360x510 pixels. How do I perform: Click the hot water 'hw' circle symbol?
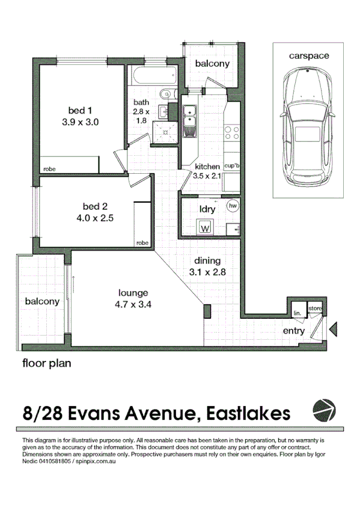[x=233, y=206]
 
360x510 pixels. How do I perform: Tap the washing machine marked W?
[x=205, y=227]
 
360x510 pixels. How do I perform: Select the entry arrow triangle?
[x=333, y=329]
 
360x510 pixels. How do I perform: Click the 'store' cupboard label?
[x=315, y=309]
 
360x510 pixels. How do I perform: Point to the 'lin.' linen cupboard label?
[x=297, y=313]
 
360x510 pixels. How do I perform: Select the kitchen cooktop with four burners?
[x=232, y=133]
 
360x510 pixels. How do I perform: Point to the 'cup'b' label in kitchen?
[x=231, y=166]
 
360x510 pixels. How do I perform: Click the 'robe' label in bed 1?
[x=49, y=169]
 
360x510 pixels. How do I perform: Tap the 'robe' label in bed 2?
[x=142, y=242]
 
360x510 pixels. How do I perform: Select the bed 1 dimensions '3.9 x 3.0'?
[x=81, y=122]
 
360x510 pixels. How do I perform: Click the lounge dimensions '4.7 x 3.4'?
[x=133, y=305]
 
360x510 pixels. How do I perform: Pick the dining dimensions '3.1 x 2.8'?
[x=207, y=272]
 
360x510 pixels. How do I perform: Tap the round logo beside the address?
[x=324, y=411]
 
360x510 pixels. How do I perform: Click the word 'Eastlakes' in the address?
[x=248, y=413]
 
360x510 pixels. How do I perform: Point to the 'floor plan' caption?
[x=47, y=363]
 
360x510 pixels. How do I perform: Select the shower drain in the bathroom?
[x=165, y=132]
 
